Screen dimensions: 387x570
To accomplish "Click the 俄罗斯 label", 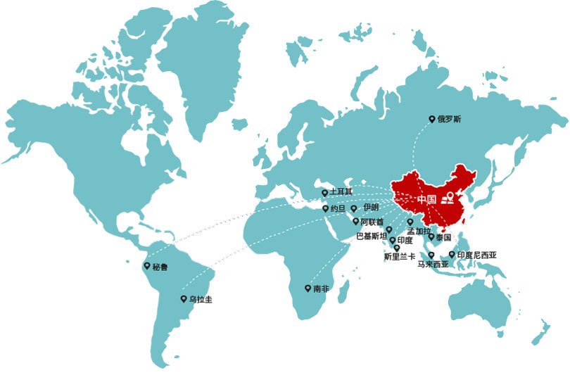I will [449, 120].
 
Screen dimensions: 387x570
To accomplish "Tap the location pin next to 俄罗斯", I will [432, 120].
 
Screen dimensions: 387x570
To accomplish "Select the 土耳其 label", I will [341, 192].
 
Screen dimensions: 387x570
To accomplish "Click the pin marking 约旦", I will [324, 208].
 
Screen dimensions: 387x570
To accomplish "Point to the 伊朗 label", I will [370, 208].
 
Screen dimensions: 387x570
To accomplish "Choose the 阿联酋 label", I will [372, 222].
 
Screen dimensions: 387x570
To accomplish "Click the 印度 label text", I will [405, 241].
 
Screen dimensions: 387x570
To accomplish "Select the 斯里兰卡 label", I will [400, 257].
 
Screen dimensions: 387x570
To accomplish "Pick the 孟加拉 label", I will [419, 231].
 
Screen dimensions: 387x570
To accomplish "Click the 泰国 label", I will [443, 238].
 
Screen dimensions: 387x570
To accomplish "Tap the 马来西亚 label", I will [433, 265].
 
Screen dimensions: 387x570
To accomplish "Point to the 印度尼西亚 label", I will [476, 255].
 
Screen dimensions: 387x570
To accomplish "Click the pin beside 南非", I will [307, 288].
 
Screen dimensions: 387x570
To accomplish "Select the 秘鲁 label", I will [160, 267].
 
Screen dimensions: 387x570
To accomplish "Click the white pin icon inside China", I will [450, 196].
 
